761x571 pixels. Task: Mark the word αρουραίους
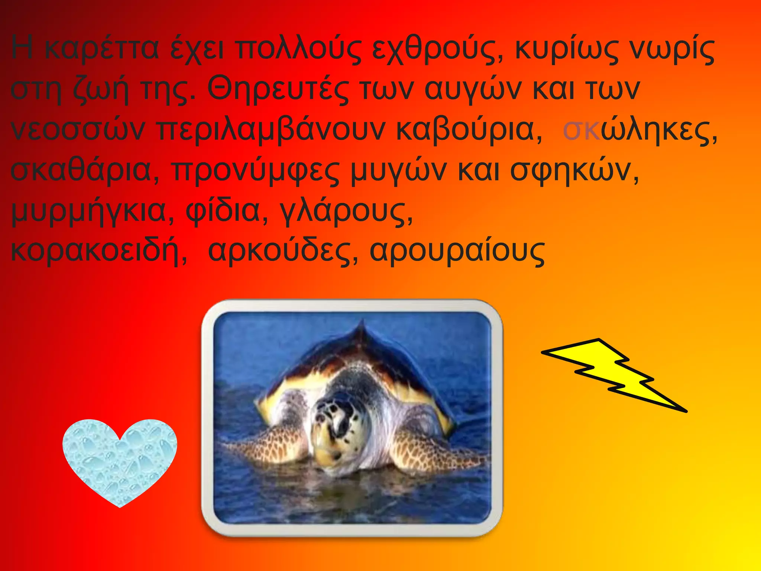click(x=457, y=252)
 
